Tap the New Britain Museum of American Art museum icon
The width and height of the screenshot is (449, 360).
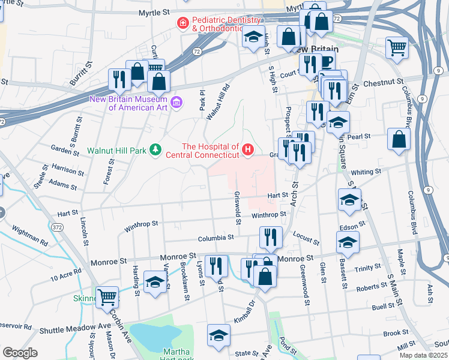pos(176,103)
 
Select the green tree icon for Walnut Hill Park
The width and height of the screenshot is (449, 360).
pos(155,149)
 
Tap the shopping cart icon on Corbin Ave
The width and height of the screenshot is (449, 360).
pos(107,296)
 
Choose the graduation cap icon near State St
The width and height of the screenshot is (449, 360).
pos(218,336)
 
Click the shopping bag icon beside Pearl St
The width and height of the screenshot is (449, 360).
pos(399,140)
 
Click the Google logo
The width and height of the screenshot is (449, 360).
pos(20,353)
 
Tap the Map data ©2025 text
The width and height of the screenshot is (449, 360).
pos(423,355)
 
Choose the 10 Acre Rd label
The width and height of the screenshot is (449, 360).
pos(66,277)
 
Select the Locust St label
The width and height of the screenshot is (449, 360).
pos(307,239)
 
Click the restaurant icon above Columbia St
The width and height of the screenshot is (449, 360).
pos(271,238)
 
